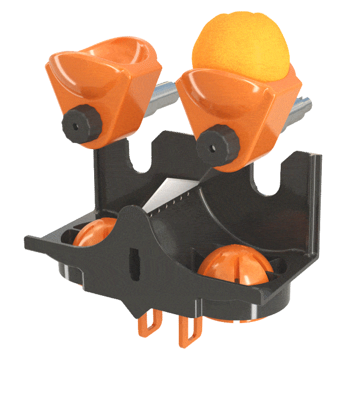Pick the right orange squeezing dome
point(235,264)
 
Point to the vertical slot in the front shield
point(133,264)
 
